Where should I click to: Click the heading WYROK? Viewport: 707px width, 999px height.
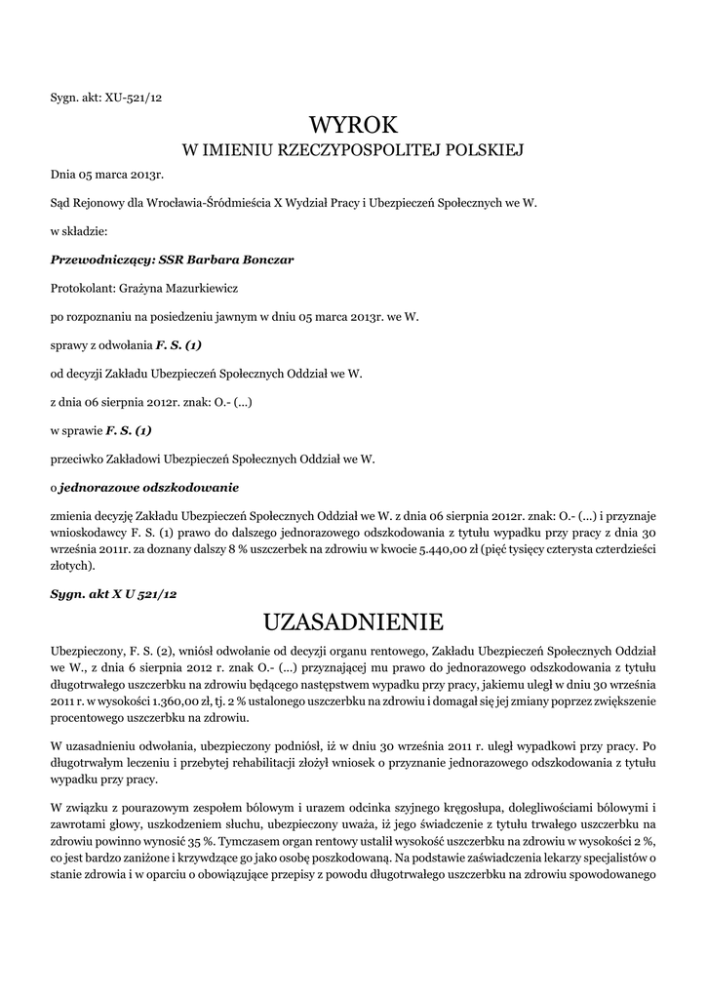tap(354, 125)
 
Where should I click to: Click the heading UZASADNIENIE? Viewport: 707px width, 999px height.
tap(354, 621)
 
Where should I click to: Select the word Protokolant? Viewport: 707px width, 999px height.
tap(81, 289)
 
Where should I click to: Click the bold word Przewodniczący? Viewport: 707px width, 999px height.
tap(95, 260)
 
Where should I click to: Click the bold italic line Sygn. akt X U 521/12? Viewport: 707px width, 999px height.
tap(113, 593)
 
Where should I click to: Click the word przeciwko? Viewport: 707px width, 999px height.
tap(82, 458)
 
